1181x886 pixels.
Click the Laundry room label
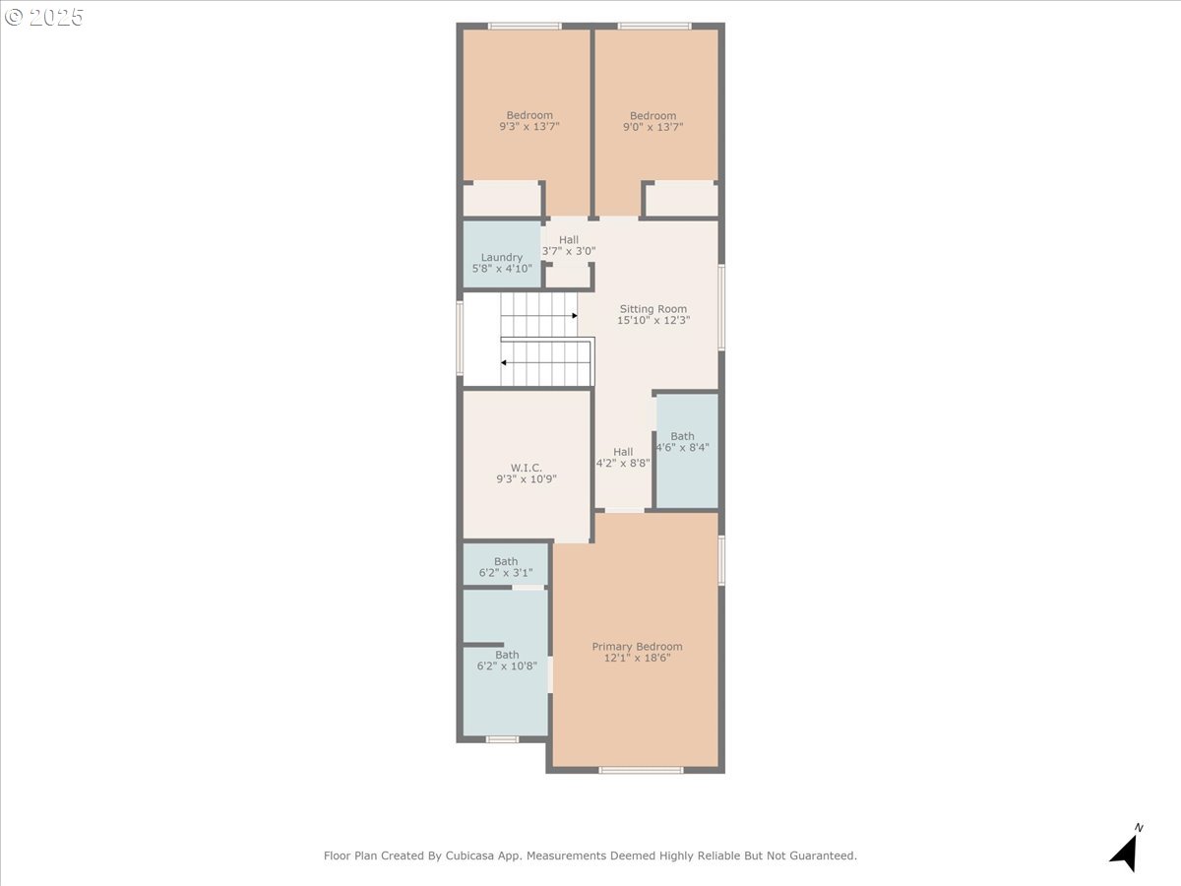pyautogui.click(x=502, y=257)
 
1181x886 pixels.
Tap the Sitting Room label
pyautogui.click(x=653, y=308)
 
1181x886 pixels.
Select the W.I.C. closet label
pyautogui.click(x=526, y=467)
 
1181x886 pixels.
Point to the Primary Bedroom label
pyautogui.click(x=637, y=646)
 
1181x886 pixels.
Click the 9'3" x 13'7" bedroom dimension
pyautogui.click(x=529, y=127)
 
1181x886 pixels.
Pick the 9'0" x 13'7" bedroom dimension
pyautogui.click(x=653, y=127)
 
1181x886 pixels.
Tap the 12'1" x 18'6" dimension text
pyautogui.click(x=637, y=658)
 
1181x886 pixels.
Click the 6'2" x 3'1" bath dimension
pyautogui.click(x=505, y=573)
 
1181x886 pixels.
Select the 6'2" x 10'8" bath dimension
pyautogui.click(x=507, y=666)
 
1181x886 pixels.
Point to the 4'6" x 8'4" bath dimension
pyautogui.click(x=682, y=447)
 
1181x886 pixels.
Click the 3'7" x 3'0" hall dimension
pyautogui.click(x=569, y=251)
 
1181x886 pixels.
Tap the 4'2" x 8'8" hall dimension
pyautogui.click(x=623, y=463)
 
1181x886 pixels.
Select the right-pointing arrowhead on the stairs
pyautogui.click(x=574, y=316)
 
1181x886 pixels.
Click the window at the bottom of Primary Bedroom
pyautogui.click(x=641, y=769)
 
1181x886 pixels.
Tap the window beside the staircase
pyautogui.click(x=460, y=337)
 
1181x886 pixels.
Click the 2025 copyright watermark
pyautogui.click(x=44, y=18)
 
